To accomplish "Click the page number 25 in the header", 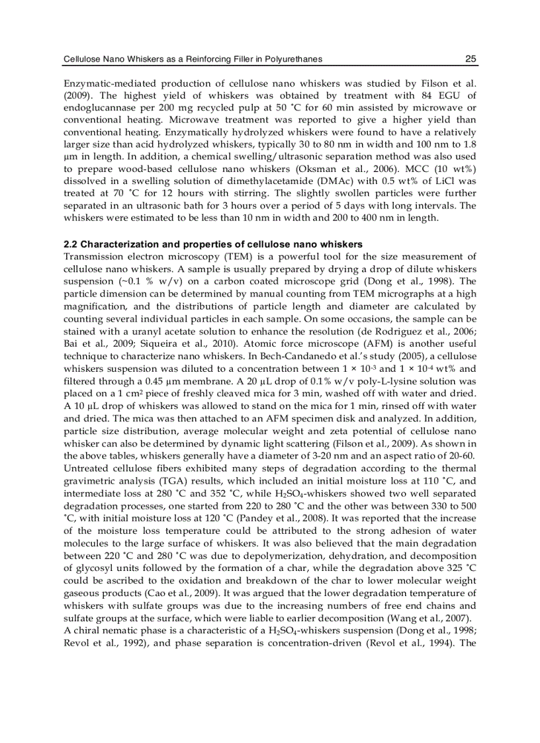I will point(471,60).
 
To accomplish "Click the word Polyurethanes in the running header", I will point(292,60).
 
